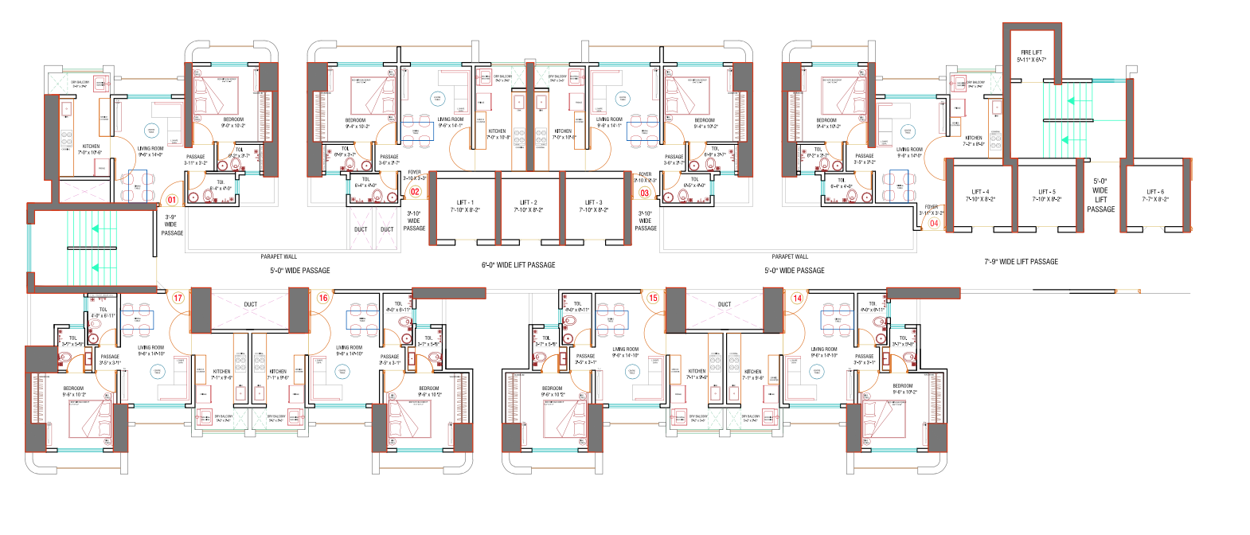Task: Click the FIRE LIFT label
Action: [1031, 56]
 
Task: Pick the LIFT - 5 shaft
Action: [1047, 195]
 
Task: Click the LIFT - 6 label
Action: [1155, 195]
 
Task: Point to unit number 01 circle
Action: [171, 200]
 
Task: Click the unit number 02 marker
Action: [415, 192]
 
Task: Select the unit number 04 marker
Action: [934, 223]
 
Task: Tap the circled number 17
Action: [178, 298]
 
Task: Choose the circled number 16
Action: [323, 298]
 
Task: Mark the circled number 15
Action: [653, 298]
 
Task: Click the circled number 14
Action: [797, 298]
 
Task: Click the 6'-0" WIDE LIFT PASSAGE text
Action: [518, 265]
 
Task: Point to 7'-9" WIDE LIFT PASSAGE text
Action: [1021, 261]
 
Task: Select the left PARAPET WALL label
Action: [279, 256]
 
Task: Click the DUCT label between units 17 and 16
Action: [251, 304]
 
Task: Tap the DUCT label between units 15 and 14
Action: [725, 304]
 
